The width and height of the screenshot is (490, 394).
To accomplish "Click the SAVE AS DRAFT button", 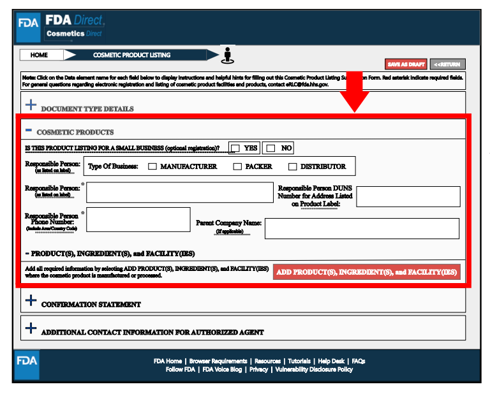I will coord(406,64).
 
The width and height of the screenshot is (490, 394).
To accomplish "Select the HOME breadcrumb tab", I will coord(40,55).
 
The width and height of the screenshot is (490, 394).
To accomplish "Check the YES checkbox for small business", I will coord(235,148).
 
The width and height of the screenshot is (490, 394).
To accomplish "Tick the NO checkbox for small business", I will coord(271,148).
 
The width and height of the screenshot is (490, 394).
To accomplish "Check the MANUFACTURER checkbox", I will coord(152,167).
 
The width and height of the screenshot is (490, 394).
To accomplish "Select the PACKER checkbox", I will coord(237,167).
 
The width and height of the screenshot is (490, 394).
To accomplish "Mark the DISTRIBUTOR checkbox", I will coord(293,167).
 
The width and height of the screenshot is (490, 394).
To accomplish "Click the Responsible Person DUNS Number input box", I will coord(408,197).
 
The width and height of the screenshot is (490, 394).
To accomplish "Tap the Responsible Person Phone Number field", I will coord(138,219).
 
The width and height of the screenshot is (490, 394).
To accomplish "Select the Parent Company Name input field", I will coord(361,228).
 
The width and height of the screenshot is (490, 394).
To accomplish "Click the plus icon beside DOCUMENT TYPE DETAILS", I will coord(31,105).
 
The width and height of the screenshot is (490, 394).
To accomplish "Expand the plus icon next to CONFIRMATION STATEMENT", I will coord(31,301).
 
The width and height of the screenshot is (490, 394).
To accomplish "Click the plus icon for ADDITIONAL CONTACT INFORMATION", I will coord(31,329).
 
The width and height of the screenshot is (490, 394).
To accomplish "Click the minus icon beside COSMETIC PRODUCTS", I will coord(29,129).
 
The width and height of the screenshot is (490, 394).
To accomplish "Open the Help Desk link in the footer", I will coord(331,361).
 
